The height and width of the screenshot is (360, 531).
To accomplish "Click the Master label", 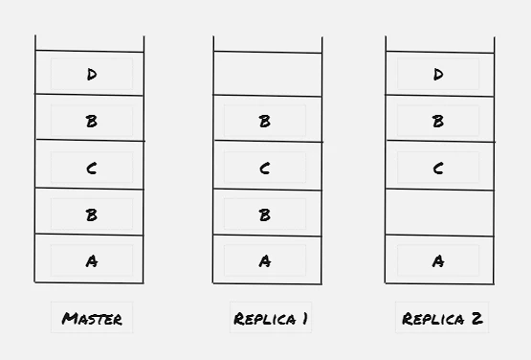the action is click(92, 319).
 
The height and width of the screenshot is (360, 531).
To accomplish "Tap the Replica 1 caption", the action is click(271, 319).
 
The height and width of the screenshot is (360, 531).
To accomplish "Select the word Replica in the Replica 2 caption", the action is click(432, 319).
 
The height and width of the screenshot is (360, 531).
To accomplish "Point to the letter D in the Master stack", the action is click(92, 75).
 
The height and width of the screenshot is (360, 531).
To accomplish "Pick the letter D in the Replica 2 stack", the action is click(438, 75).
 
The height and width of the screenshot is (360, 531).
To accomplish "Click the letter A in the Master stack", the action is click(92, 261).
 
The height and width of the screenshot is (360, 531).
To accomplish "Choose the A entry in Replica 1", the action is click(265, 261).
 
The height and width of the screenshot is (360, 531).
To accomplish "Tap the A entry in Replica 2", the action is click(438, 261).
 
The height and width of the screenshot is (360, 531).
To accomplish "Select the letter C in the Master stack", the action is click(92, 169).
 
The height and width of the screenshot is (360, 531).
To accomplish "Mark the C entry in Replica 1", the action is click(264, 169).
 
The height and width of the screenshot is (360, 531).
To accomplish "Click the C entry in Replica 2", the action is click(438, 169).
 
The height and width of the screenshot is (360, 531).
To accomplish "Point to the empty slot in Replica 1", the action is click(268, 75).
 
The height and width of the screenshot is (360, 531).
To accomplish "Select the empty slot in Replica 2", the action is click(439, 213).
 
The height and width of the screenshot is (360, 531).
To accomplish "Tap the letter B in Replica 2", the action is click(438, 121).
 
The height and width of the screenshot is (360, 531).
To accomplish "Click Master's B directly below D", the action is click(92, 121).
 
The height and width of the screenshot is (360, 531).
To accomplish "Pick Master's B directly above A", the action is click(92, 214).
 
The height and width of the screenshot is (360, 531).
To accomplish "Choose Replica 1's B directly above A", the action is click(264, 214).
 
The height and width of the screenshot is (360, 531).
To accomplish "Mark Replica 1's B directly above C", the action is click(264, 121).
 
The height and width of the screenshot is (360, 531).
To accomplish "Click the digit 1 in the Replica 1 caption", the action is click(305, 319).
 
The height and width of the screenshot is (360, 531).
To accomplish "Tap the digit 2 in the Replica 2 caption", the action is click(476, 319).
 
